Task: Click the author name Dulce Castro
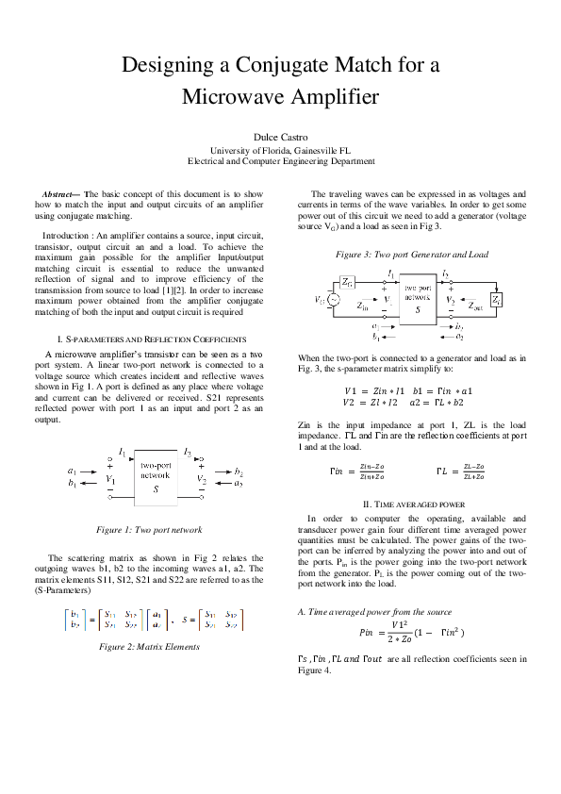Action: [280, 137]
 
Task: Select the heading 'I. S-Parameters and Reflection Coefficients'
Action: [153, 339]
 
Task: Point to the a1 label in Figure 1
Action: [73, 471]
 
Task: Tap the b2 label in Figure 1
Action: [239, 471]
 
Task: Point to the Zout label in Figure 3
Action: [476, 307]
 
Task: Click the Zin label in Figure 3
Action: [363, 306]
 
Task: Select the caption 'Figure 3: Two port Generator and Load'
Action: [412, 254]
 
